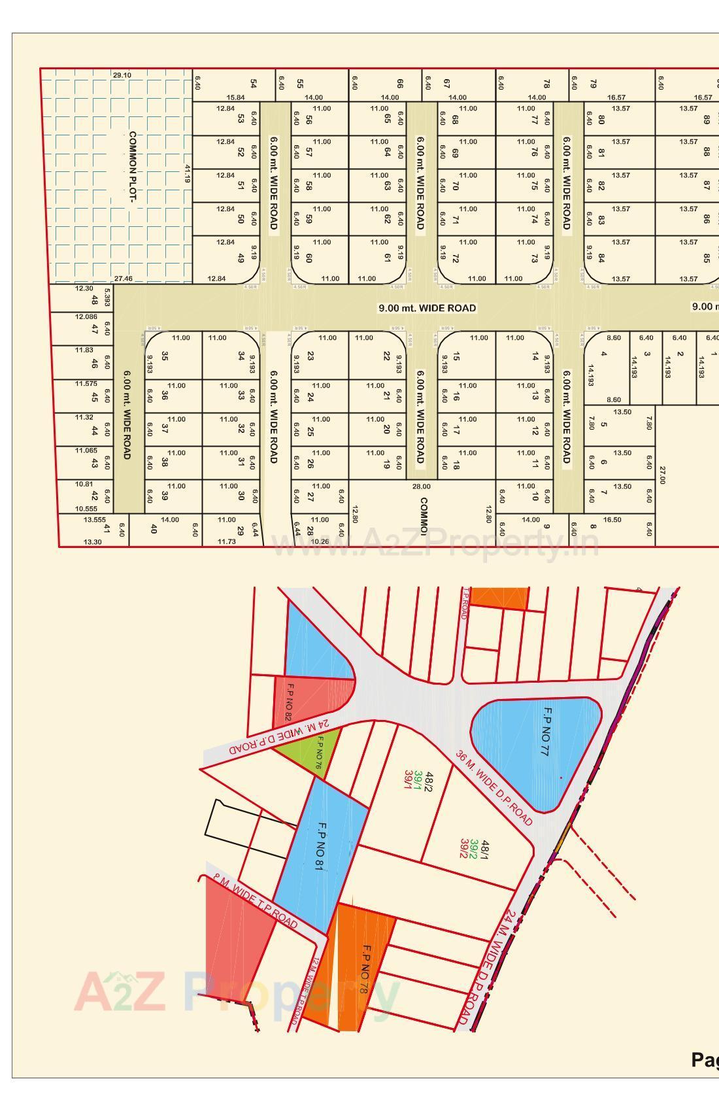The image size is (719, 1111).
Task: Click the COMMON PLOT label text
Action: pyautogui.click(x=133, y=167)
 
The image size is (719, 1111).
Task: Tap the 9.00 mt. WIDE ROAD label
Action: pyautogui.click(x=427, y=308)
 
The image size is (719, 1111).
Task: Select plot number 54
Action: pyautogui.click(x=254, y=84)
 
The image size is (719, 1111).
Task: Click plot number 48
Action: pyautogui.click(x=95, y=300)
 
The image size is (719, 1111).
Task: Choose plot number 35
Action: pyautogui.click(x=165, y=356)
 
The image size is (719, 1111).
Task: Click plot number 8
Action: pyautogui.click(x=593, y=527)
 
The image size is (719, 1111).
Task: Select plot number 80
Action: pyautogui.click(x=601, y=120)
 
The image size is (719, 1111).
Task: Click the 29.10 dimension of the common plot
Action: pyautogui.click(x=122, y=75)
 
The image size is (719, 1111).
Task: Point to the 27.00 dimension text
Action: pyautogui.click(x=662, y=475)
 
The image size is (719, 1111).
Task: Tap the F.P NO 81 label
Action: pyautogui.click(x=320, y=847)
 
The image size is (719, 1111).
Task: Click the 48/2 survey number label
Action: pyautogui.click(x=429, y=780)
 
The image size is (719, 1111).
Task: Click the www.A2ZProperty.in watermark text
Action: pyautogui.click(x=435, y=543)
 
